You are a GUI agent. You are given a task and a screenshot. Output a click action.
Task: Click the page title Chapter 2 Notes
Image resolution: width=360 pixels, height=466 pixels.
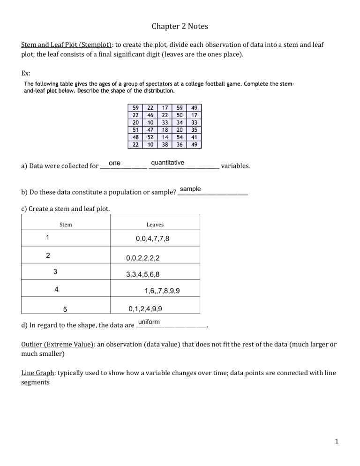tap(180, 27)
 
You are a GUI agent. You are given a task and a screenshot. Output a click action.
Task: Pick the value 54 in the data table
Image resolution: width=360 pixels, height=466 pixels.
tap(179, 137)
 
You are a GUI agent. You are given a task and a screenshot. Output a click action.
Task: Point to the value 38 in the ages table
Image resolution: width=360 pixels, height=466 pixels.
tap(165, 144)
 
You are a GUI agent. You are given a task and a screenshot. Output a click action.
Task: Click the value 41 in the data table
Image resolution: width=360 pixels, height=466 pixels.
tap(194, 137)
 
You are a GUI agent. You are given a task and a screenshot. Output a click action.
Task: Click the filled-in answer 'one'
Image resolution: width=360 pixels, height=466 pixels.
tap(114, 163)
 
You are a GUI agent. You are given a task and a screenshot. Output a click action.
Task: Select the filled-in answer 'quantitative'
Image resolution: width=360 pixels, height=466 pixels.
tap(167, 163)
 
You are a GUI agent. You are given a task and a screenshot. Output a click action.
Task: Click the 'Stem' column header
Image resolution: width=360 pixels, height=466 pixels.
tap(66, 225)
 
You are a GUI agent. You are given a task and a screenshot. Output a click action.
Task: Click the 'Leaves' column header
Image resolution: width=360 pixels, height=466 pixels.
tap(155, 225)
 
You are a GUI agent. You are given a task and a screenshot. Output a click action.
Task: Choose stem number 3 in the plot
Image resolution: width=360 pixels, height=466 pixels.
tap(55, 271)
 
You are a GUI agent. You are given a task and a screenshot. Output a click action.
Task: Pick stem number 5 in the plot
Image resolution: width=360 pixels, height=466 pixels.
tap(65, 309)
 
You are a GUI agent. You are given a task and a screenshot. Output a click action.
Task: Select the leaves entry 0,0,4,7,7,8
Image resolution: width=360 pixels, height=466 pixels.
tap(152, 239)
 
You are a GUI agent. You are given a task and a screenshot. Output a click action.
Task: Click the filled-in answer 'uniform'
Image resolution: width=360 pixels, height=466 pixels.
tap(149, 322)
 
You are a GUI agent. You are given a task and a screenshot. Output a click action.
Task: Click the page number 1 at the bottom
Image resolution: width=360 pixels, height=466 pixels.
tap(337, 441)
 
